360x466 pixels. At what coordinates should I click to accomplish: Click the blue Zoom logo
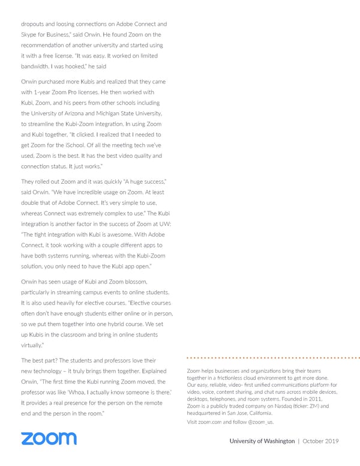[49, 438]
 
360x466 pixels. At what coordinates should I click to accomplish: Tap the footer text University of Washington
[262, 441]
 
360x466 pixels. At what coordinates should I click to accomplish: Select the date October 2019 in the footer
[321, 441]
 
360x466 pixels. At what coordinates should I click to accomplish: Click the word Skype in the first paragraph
[31, 35]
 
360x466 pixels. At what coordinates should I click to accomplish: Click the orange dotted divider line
[273, 358]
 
